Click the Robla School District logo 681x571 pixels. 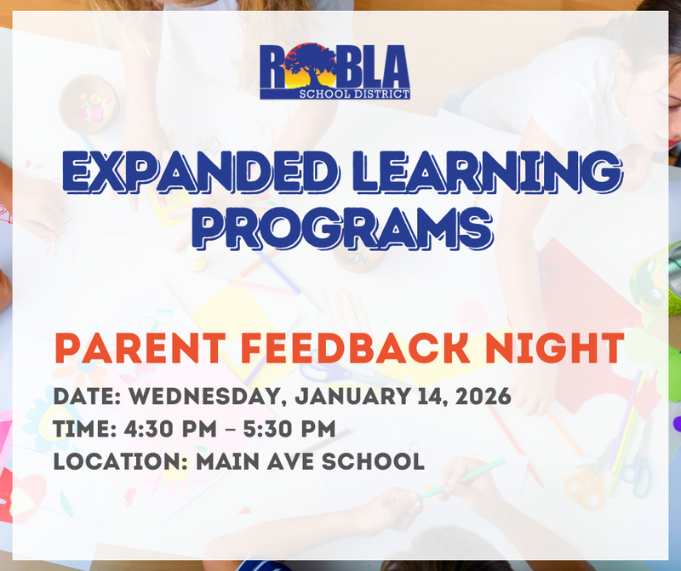click(x=335, y=71)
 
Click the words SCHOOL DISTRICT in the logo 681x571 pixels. click(x=363, y=93)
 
